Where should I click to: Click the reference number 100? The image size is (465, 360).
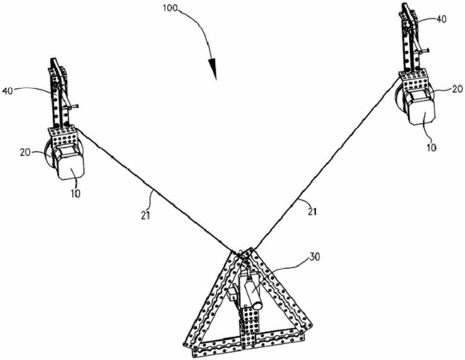point(170,8)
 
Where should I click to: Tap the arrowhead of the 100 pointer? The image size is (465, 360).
point(213,70)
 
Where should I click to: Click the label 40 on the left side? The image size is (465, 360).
point(8,90)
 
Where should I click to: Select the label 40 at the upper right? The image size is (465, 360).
point(442,19)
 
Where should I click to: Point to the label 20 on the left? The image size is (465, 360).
point(26,153)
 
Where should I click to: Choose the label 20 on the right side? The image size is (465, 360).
point(457,89)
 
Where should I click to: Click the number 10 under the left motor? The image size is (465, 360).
point(75,194)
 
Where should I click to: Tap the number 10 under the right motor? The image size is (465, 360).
point(431,147)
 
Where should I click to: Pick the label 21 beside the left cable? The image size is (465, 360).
point(146,215)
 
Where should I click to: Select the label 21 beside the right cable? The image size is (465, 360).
point(311,212)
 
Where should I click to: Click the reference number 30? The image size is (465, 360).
point(315,257)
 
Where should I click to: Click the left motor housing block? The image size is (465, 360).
point(69,162)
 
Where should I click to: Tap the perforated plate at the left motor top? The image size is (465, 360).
point(65,136)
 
